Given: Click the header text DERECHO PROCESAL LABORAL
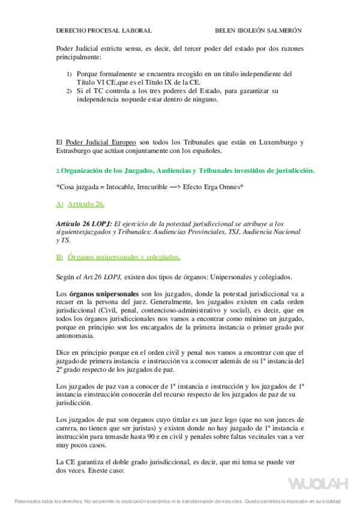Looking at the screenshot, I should coord(103,31).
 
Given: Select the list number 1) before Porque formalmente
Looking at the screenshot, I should coord(68,74).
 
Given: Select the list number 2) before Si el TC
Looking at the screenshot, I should coord(68,91).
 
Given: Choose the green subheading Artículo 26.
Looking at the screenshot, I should coord(86,205).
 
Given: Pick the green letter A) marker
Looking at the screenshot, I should coord(59,205).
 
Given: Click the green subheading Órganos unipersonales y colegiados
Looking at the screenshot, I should coord(124,257).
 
